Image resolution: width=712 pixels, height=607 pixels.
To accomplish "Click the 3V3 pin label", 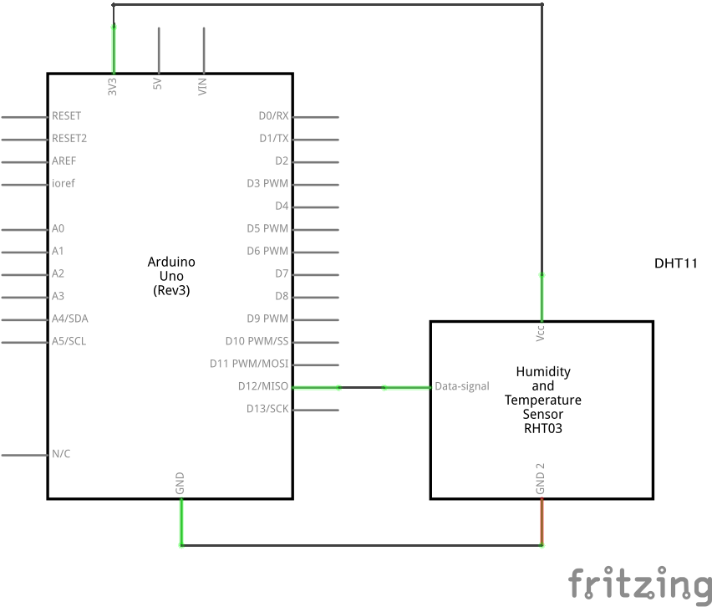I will pos(113,86).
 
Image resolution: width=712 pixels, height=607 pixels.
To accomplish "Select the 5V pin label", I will pos(158,85).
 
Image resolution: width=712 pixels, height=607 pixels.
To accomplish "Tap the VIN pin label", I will pos(203,86).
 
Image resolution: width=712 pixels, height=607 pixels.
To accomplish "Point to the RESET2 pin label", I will pos(69,138).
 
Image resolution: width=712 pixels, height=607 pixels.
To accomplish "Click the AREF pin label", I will pos(64,161).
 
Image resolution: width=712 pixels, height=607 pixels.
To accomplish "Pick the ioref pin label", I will pos(64,183).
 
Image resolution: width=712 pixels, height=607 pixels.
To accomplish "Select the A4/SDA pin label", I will pos(69,319).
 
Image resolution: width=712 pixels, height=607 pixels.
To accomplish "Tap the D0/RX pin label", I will pos(273,115).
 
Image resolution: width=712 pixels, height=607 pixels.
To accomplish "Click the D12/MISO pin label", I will pos(263,386).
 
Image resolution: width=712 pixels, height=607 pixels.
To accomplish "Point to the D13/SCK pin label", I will pos(267,409).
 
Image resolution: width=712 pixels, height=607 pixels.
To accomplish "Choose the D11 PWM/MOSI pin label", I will pos(249,364).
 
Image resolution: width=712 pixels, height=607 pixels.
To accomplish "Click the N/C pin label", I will pos(61,454).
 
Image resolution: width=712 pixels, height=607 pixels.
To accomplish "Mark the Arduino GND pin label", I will pos(181,482).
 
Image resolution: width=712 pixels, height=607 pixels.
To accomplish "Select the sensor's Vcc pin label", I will pos(541,333).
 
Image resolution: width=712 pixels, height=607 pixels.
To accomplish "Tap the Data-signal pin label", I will pos(462,386).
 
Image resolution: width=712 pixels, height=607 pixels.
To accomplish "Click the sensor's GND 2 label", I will pos(541,477).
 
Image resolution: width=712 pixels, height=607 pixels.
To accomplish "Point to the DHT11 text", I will pos(675,263).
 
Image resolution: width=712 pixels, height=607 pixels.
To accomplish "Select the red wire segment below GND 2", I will pos(542,522).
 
